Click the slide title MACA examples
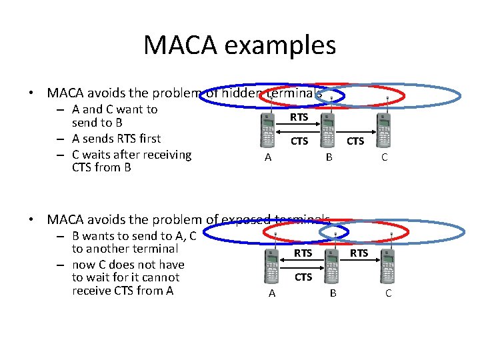tap(239, 45)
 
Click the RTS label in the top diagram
tap(299, 117)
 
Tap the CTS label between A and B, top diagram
tap(299, 141)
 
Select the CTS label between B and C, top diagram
tap(355, 141)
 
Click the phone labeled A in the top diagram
tap(268, 130)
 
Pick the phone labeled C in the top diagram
tap(383, 130)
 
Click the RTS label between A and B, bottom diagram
tap(303, 253)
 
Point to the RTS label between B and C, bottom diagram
tap(359, 253)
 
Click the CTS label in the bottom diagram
tap(303, 277)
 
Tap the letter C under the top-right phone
tap(384, 157)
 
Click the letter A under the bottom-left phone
tap(271, 293)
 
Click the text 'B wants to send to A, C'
tap(134, 235)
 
